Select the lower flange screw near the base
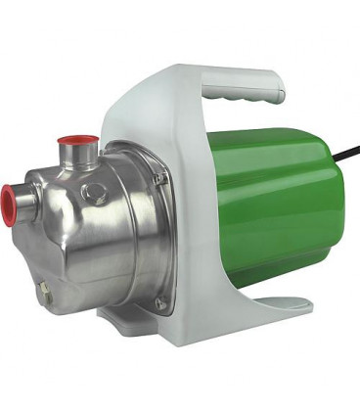point(159,303)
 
